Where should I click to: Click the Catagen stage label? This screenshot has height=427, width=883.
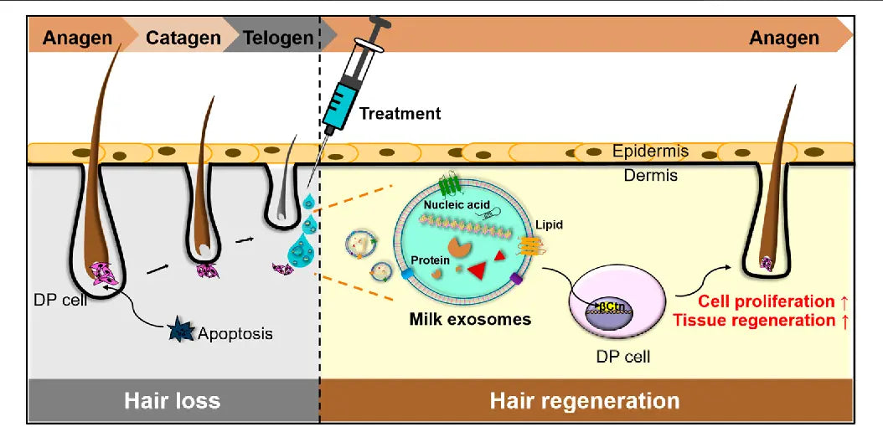[183, 37]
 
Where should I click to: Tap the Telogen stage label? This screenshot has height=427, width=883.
[278, 37]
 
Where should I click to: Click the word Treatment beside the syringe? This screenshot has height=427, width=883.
[400, 112]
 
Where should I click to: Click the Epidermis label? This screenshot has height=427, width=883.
[650, 152]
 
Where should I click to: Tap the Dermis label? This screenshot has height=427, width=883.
[650, 176]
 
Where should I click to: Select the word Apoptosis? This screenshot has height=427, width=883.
[235, 333]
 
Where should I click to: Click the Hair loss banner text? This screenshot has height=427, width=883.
[172, 400]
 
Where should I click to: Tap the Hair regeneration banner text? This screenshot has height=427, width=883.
[584, 400]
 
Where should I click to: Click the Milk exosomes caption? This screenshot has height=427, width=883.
[470, 319]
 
